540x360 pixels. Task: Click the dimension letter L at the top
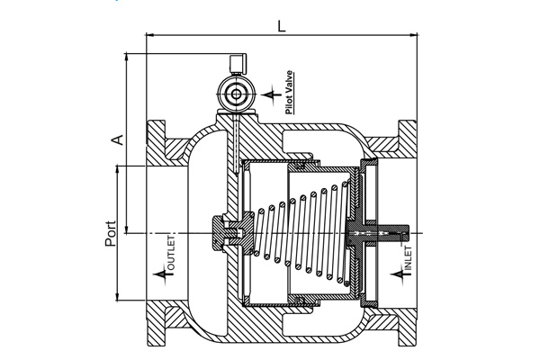tap(282, 26)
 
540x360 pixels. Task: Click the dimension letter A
tap(118, 139)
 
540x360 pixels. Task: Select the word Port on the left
tap(111, 234)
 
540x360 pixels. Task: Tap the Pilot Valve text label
tap(289, 92)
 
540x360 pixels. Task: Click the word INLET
tap(408, 258)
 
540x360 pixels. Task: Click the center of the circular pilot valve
tap(236, 94)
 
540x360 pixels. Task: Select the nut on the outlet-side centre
tap(219, 234)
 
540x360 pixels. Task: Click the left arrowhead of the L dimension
tap(149, 35)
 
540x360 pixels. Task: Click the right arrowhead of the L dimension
tap(414, 35)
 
